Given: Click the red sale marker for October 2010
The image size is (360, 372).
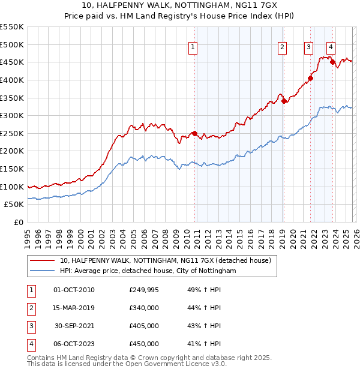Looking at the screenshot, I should [194, 133].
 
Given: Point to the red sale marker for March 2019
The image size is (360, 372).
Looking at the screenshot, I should [284, 101].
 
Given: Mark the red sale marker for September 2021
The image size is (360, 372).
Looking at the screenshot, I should [311, 78].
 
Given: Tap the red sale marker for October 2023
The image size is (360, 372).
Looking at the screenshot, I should [332, 62].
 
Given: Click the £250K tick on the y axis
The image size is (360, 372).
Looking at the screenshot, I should [12, 133].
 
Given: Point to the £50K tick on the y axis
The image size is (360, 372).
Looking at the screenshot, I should [14, 204].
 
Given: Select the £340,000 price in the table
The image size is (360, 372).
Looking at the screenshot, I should [144, 308].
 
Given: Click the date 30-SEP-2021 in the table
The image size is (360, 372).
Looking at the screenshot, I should [74, 326].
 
